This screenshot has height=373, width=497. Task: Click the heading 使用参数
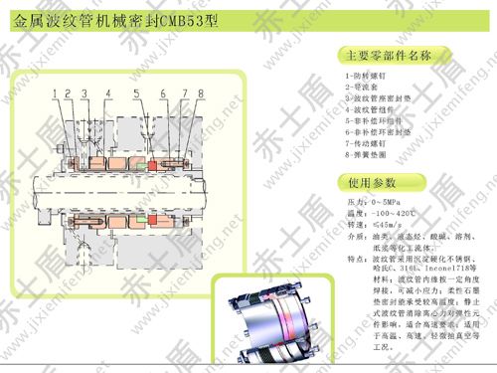tap(372, 183)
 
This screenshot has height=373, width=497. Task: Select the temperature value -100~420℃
tap(393, 213)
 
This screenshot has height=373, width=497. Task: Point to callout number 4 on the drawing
tap(109, 93)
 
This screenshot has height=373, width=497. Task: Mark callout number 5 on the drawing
tap(135, 93)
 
